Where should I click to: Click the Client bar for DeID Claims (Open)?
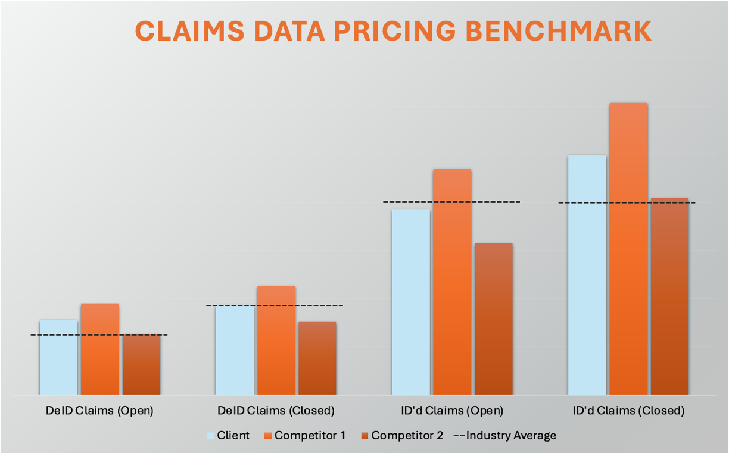click(58, 358)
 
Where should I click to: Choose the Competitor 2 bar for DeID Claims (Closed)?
click(317, 358)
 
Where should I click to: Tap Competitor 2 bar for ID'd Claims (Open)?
click(494, 319)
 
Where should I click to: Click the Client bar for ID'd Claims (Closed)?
click(587, 275)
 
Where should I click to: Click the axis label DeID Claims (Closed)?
click(275, 411)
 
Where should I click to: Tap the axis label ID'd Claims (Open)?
click(452, 411)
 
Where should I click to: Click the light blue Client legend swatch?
click(210, 436)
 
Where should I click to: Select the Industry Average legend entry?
click(505, 435)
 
